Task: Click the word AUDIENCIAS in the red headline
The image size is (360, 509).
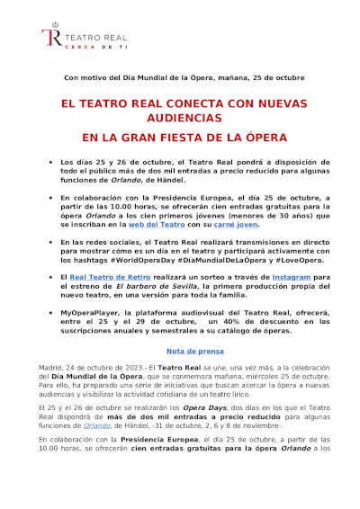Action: [x=179, y=118]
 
